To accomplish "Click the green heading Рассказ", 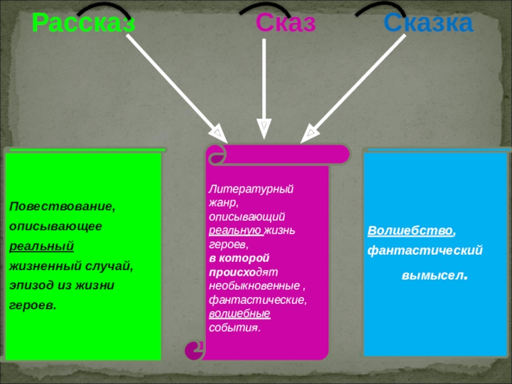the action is (83, 24).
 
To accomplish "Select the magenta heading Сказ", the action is (285, 24).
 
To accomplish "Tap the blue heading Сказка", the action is (428, 24).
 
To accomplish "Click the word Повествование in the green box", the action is (62, 207).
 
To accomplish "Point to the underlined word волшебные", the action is (239, 314).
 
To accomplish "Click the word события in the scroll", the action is (234, 327).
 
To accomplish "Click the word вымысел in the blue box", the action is (435, 276).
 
